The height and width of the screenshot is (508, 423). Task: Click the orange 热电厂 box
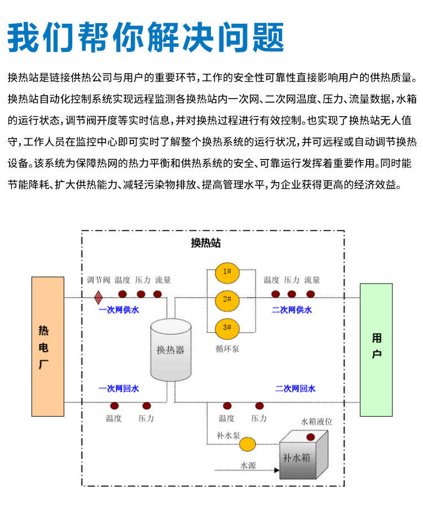[47, 346]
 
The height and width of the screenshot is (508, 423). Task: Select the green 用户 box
[376, 350]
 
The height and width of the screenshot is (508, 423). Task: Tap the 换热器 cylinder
[170, 350]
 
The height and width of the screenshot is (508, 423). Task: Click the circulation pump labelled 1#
[227, 273]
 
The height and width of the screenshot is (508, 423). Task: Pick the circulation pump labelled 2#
[227, 301]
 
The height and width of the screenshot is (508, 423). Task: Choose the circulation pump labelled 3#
[227, 329]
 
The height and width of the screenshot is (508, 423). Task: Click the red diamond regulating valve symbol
[98, 297]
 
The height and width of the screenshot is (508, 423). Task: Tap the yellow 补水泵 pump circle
[248, 444]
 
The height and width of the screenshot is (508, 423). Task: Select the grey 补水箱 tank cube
[303, 455]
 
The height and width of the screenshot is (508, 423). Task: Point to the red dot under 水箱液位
[311, 437]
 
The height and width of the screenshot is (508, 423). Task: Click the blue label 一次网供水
[118, 310]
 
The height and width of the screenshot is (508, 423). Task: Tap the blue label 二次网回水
[296, 388]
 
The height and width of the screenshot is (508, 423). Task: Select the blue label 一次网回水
[118, 388]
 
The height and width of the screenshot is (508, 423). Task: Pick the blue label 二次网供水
[292, 310]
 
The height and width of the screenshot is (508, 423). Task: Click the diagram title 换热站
[206, 242]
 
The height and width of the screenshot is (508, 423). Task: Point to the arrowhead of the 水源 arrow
[277, 470]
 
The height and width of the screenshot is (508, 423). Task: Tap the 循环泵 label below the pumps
[227, 349]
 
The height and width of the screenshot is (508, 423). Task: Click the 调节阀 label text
[99, 280]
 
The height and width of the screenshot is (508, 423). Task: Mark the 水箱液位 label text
[316, 422]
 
